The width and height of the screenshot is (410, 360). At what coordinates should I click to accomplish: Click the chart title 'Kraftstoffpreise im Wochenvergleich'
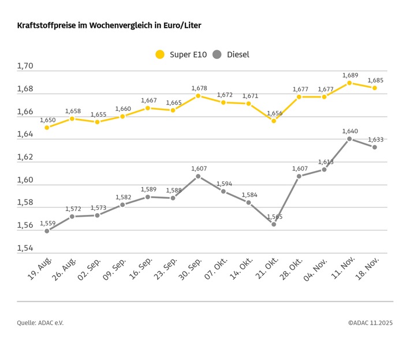[109, 26]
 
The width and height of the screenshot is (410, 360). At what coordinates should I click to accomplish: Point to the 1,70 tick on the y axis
[25, 66]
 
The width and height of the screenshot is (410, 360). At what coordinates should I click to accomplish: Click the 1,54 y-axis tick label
[25, 248]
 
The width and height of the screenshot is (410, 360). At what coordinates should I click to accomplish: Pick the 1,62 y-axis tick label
[25, 157]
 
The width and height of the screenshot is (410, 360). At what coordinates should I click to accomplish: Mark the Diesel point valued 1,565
[274, 224]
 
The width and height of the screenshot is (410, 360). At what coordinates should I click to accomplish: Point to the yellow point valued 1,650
[47, 127]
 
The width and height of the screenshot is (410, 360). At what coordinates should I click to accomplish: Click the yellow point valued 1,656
[274, 121]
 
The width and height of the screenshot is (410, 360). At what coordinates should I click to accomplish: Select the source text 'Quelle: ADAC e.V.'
[40, 322]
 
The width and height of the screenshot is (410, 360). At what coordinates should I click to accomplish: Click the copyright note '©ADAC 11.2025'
[370, 322]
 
